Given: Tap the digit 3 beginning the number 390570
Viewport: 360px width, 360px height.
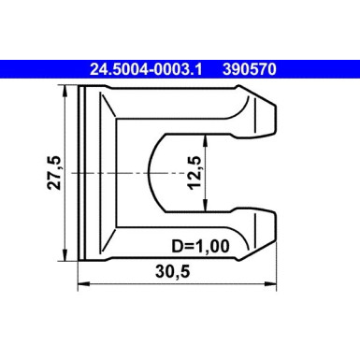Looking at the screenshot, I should click(224, 68).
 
